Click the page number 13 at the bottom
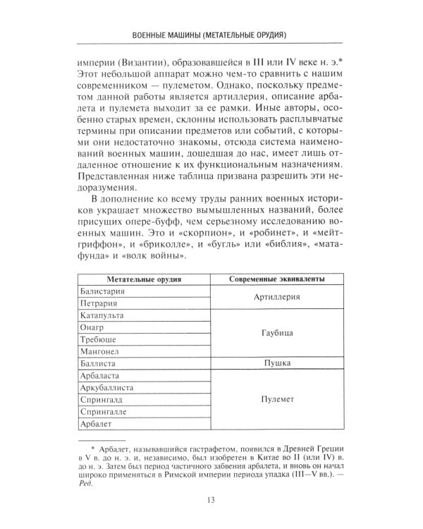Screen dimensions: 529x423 211,501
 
